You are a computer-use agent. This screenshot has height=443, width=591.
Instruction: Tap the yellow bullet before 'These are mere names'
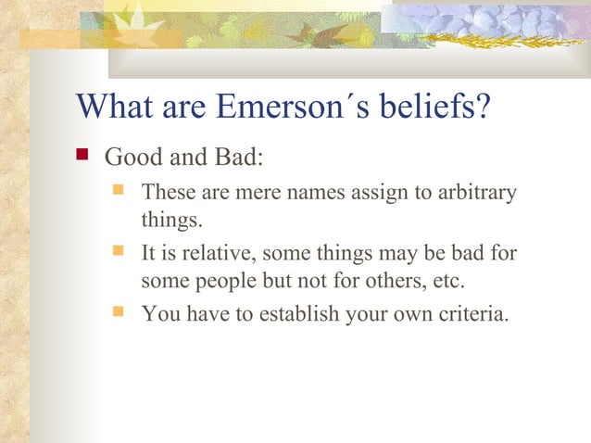point(119,192)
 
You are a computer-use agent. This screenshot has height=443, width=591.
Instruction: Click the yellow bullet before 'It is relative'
point(119,251)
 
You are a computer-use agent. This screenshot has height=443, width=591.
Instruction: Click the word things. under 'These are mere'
point(169,222)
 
